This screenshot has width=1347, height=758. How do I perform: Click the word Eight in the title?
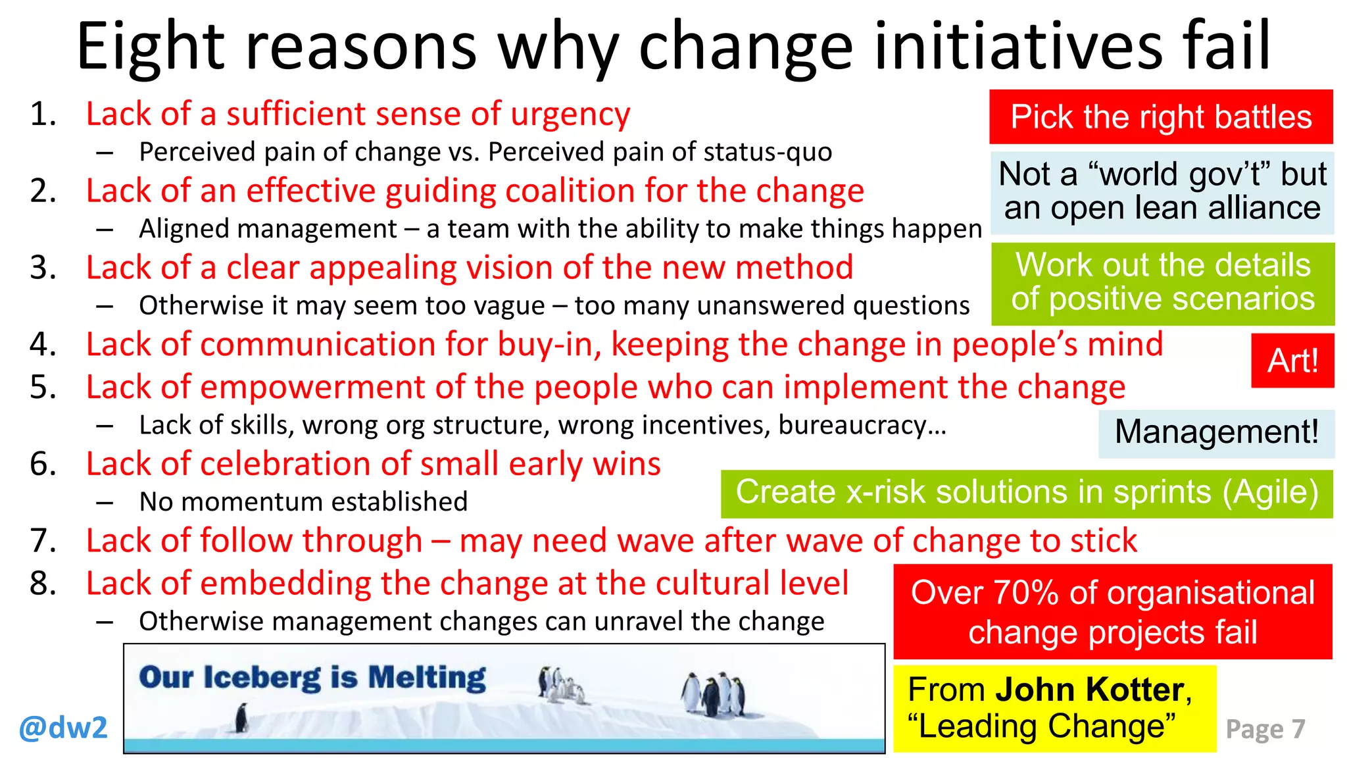click(151, 47)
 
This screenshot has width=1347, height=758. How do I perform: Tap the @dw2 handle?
click(63, 728)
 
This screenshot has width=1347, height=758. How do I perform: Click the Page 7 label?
click(1265, 729)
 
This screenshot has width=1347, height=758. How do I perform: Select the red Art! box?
click(1292, 361)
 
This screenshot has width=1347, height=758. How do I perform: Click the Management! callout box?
click(1216, 433)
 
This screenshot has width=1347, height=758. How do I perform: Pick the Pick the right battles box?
click(1161, 117)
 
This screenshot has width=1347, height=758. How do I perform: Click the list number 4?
click(43, 345)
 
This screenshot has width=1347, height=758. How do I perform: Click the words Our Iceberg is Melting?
click(312, 678)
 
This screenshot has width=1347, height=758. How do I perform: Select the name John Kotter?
click(1089, 690)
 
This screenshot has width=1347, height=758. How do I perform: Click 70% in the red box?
click(1026, 593)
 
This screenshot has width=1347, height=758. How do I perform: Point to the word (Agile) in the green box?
click(1271, 493)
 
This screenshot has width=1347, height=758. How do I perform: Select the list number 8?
click(43, 584)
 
